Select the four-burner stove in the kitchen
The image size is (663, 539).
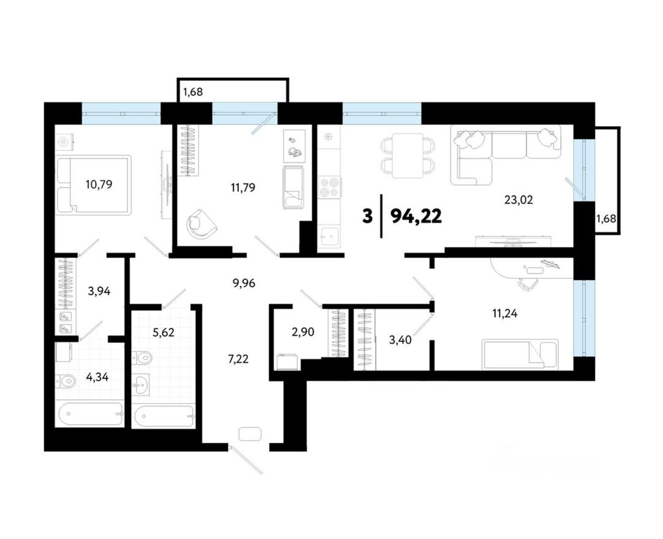[x=330, y=186]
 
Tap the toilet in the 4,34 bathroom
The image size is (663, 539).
[x=66, y=381]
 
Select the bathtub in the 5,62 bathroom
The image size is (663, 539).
[x=164, y=417]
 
